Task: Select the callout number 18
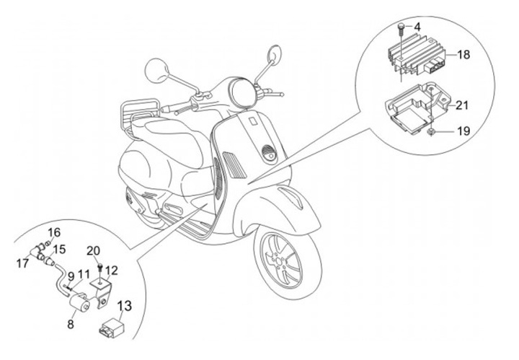click(x=463, y=54)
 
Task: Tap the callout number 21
click(x=462, y=105)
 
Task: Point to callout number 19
click(x=462, y=132)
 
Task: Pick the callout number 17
click(x=23, y=264)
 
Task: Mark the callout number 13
click(x=125, y=306)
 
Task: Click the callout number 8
click(x=70, y=325)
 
